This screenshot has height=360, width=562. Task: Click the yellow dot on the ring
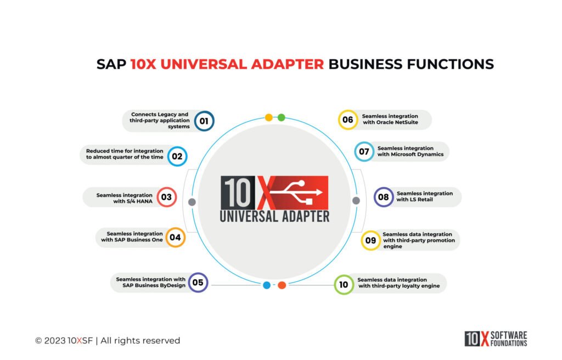click(x=269, y=117)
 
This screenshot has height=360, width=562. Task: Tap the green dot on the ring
click(x=282, y=117)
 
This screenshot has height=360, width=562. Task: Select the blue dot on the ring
click(x=267, y=285)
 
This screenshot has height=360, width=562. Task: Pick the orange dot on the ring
click(x=282, y=285)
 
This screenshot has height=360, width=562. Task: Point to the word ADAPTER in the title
click(x=288, y=64)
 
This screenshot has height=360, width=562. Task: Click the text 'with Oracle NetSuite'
click(x=390, y=122)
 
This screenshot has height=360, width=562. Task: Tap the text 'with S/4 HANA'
click(x=133, y=201)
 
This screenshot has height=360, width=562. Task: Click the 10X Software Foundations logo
click(x=496, y=339)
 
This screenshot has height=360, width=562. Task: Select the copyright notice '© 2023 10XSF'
click(x=64, y=341)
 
